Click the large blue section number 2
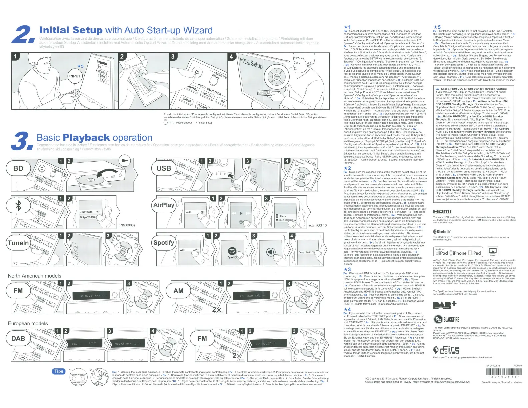pyautogui.click(x=22, y=34)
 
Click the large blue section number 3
pyautogui.click(x=22, y=141)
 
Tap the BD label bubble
pyautogui.click(x=18, y=169)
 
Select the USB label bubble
pyautogui.click(x=164, y=169)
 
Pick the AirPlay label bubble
pyautogui.click(x=164, y=205)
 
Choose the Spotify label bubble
pyautogui.click(x=164, y=243)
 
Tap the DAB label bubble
pyautogui.click(x=18, y=338)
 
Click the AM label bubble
pyautogui.click(x=178, y=291)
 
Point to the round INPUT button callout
pyautogui.click(x=75, y=76)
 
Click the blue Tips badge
pyautogui.click(x=59, y=371)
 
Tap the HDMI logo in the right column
pyautogui.click(x=442, y=211)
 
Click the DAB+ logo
pyautogui.click(x=445, y=305)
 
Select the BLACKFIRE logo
pyautogui.click(x=447, y=319)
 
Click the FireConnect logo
pyautogui.click(x=447, y=350)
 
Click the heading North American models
pyautogui.click(x=35, y=276)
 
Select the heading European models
pyautogui.click(x=28, y=323)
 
